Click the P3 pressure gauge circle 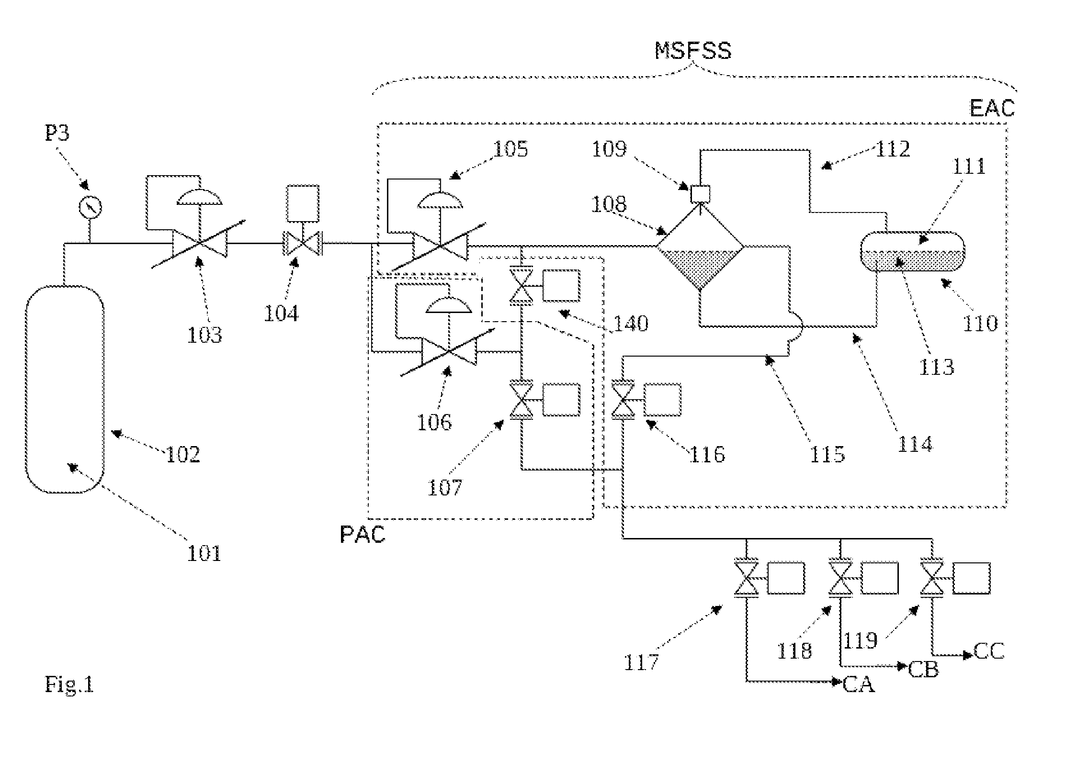90,207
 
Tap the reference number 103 204,335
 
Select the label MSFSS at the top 693,51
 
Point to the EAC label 992,109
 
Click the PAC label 362,534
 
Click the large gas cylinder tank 65,389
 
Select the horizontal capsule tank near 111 913,252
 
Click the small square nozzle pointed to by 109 700,194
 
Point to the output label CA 859,685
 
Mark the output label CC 989,652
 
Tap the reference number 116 707,454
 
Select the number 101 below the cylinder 204,553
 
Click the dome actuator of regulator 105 441,200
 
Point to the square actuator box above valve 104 303,203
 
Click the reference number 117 642,662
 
